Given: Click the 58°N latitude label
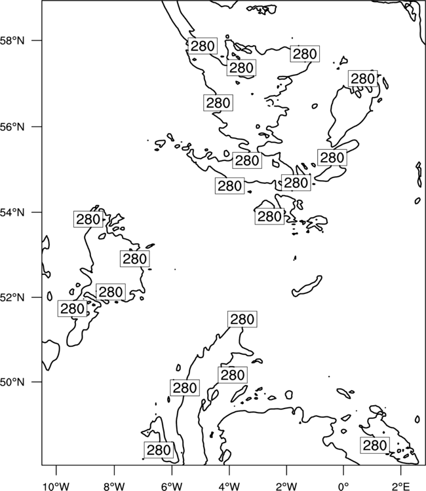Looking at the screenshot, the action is click(12, 41).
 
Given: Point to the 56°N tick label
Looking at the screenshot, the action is click(12, 127).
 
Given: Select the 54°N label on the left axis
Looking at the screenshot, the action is click(12, 212).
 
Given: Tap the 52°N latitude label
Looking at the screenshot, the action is click(12, 297).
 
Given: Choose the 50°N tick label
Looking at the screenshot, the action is click(12, 382).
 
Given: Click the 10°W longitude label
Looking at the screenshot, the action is click(56, 486).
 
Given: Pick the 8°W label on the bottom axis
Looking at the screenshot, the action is click(114, 486).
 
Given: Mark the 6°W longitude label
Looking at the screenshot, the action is click(172, 486).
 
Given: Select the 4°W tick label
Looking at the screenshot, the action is click(229, 486).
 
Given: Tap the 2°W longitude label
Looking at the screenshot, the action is click(286, 486).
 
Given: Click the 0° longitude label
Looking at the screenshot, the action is click(343, 486).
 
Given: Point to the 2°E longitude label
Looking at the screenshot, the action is click(400, 486).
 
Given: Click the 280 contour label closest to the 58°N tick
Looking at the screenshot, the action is click(203, 46).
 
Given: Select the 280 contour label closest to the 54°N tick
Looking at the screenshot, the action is click(88, 219).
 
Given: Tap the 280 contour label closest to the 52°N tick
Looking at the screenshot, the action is click(72, 308).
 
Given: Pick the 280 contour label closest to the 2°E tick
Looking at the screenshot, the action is click(375, 445).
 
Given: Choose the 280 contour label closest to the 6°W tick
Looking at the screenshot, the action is click(159, 450).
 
